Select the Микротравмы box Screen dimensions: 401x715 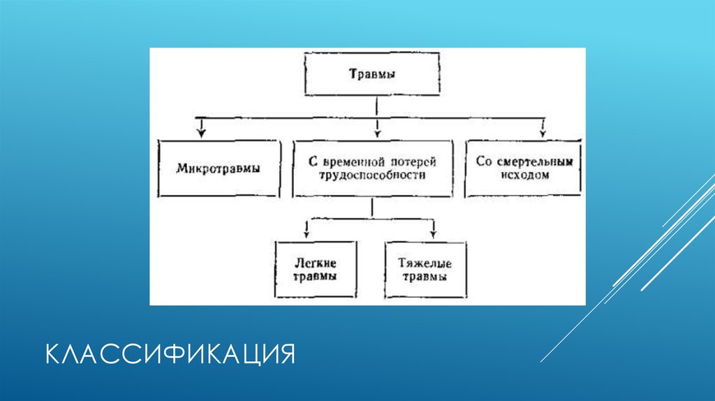(219, 168)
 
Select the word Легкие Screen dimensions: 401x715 (316, 263)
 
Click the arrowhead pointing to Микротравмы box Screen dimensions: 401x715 (202, 131)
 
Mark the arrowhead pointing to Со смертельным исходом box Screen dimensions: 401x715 (541, 131)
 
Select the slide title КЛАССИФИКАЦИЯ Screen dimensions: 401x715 (170, 353)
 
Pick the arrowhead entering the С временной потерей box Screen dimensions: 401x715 (377, 131)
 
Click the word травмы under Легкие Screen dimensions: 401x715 (316, 277)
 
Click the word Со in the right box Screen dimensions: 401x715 (484, 161)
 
